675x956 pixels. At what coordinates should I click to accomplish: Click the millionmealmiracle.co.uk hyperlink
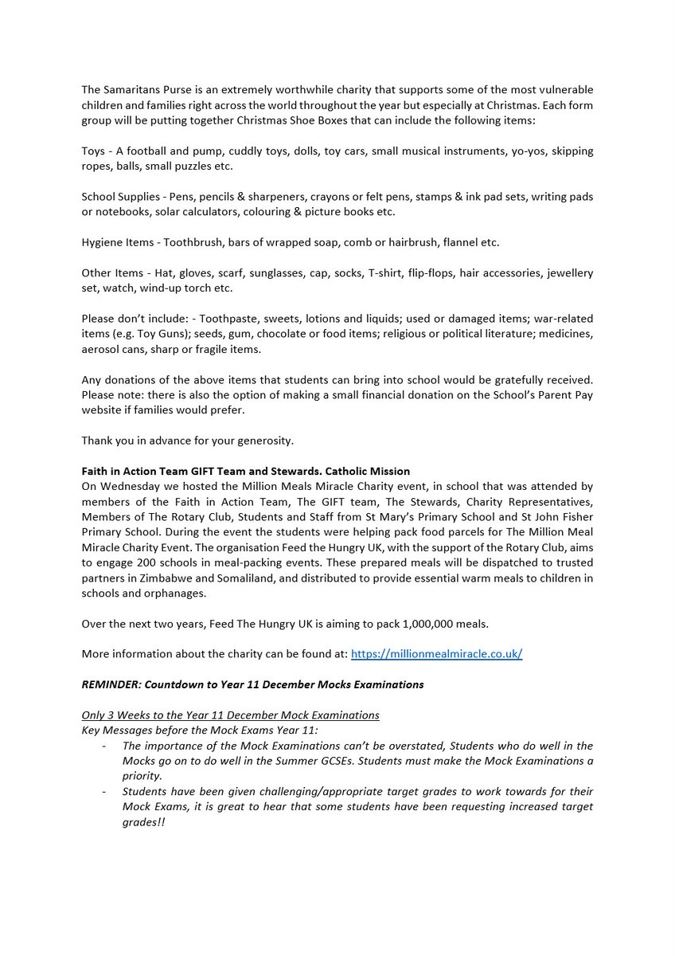[x=436, y=654]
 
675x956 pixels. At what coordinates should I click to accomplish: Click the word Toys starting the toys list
[x=94, y=151]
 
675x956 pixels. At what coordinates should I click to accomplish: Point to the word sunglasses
[x=259, y=273]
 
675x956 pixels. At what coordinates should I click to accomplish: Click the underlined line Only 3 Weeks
[x=230, y=715]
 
